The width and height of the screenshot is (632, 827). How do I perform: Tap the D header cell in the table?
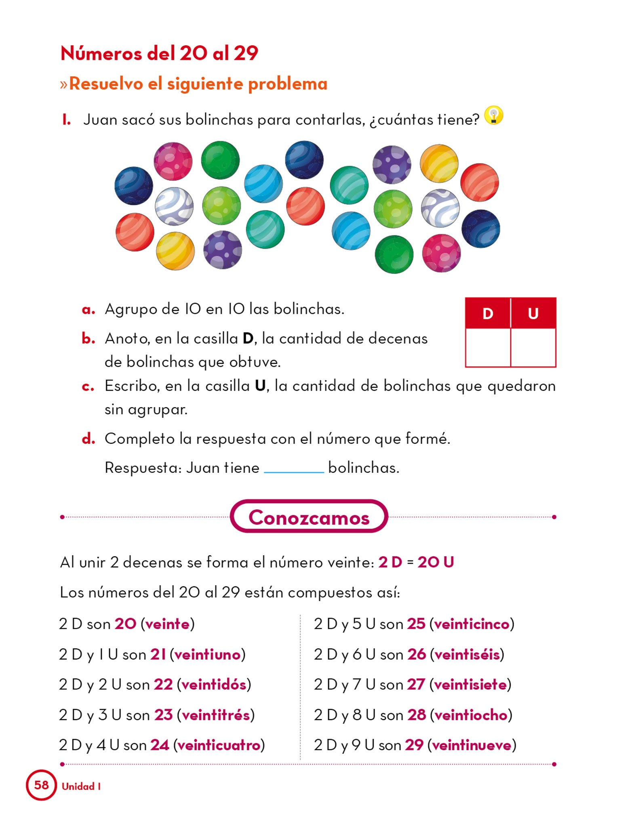[488, 313]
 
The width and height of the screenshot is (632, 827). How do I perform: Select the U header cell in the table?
[533, 313]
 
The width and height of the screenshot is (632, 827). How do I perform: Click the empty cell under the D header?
[488, 347]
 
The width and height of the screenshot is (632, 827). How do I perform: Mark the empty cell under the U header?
[533, 347]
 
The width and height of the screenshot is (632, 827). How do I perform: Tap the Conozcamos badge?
[309, 517]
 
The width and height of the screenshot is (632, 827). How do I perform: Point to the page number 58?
[41, 785]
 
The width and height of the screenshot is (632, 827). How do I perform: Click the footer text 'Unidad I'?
[81, 786]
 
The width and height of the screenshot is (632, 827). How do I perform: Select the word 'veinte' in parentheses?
[167, 624]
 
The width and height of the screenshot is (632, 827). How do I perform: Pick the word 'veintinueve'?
[472, 745]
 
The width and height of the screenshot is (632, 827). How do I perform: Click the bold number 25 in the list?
[416, 624]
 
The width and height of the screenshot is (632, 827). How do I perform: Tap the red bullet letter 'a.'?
[88, 310]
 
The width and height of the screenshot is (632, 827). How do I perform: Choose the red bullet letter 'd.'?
[88, 439]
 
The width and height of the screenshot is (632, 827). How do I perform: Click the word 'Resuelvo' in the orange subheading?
[106, 84]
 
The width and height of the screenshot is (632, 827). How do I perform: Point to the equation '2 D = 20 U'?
[416, 562]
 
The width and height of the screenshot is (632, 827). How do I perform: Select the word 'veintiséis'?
[467, 654]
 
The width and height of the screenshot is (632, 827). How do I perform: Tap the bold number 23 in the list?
[163, 715]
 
